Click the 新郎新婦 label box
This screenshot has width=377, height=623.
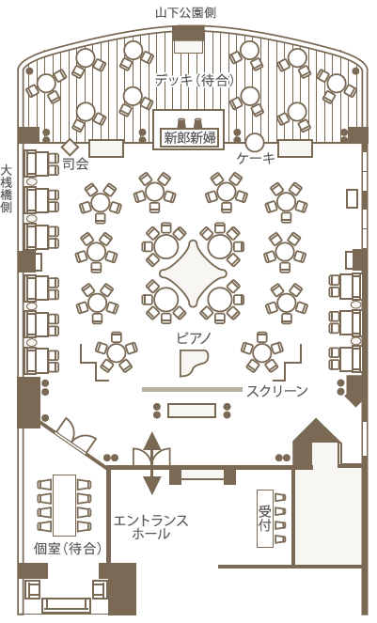point(189,138)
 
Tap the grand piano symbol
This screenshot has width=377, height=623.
point(194,363)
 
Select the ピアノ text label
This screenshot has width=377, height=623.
point(194,338)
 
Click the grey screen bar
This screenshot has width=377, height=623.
point(192,390)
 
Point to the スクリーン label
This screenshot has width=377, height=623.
point(277,391)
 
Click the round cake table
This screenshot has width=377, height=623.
point(255,143)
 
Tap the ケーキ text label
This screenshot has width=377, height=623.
point(256,159)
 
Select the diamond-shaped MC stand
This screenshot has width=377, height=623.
point(71,147)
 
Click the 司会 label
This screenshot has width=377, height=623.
point(75,164)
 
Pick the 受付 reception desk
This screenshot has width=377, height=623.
point(265,518)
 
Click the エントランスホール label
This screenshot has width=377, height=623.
point(150,527)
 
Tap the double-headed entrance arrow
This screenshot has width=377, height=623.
point(151,463)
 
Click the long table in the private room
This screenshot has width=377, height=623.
point(65,505)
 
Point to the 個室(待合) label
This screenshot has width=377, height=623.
point(67,549)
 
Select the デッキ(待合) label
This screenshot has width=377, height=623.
point(194,80)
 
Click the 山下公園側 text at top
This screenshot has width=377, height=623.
point(185,13)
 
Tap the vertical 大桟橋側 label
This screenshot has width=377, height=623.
point(6,189)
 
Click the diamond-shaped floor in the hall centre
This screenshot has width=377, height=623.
point(193,273)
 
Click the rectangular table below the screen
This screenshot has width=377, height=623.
point(192,411)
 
